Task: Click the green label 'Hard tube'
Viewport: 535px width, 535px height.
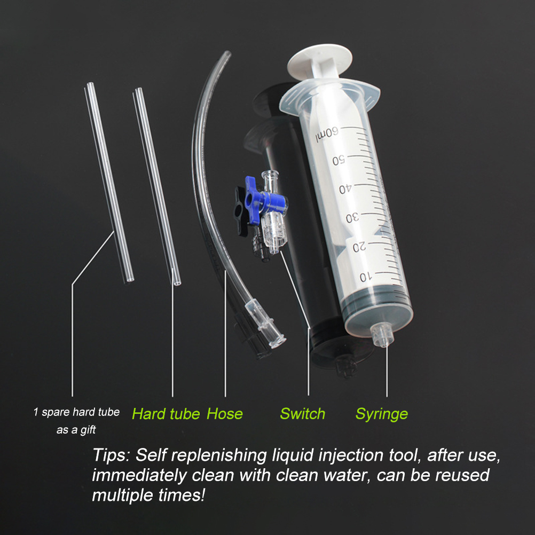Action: click(x=166, y=414)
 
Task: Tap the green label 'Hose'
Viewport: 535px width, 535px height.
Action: click(x=224, y=414)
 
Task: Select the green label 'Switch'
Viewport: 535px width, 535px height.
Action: click(x=303, y=414)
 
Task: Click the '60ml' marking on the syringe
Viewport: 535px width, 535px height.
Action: click(x=327, y=134)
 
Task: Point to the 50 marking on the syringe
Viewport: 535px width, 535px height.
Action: click(x=339, y=160)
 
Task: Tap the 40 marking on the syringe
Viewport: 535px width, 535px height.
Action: click(x=345, y=188)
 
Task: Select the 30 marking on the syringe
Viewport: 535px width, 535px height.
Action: click(x=352, y=218)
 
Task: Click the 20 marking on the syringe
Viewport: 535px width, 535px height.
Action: click(x=359, y=247)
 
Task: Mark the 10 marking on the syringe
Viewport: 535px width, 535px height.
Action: click(x=366, y=277)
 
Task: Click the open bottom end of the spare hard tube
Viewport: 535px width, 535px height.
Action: click(x=130, y=280)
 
